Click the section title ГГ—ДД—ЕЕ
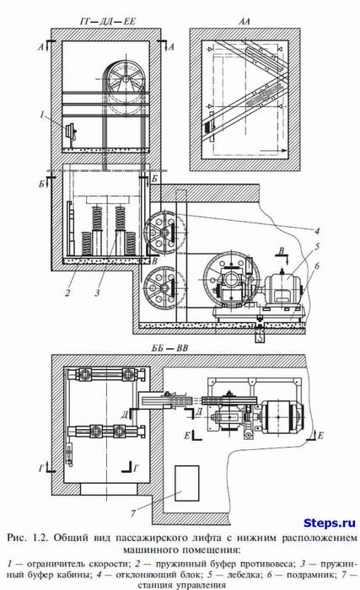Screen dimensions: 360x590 [107, 21]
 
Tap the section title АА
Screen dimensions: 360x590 [244, 21]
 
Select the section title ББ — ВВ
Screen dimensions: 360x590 [169, 348]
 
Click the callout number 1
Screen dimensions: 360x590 [42, 115]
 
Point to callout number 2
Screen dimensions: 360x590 [67, 292]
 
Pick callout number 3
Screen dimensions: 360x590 [97, 292]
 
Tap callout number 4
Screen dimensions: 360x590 [317, 230]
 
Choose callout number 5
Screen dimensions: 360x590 [317, 247]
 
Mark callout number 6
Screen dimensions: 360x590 [317, 266]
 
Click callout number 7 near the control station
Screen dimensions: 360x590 [132, 513]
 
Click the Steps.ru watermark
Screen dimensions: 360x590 [330, 523]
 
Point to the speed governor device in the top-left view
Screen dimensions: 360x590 [70, 132]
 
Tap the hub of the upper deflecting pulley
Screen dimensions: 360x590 [164, 233]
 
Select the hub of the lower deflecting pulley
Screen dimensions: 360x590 [164, 288]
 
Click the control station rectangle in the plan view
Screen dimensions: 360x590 [187, 483]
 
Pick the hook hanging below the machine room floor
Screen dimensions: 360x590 [259, 337]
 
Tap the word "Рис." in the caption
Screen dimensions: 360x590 [17, 538]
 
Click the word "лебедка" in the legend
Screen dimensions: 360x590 [255, 576]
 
